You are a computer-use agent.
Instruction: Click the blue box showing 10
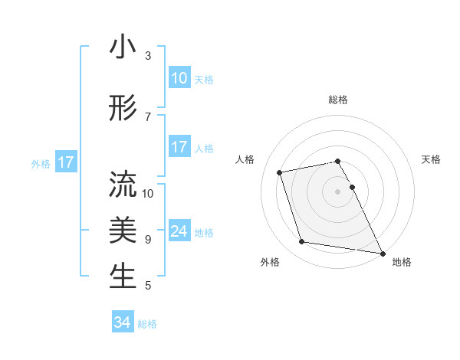(179, 78)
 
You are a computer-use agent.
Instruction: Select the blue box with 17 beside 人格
(179, 147)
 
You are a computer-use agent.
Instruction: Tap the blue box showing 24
(179, 231)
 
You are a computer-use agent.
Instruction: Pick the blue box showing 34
(123, 322)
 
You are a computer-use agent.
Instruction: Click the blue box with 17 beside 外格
(65, 162)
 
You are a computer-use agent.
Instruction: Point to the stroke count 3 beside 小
(148, 56)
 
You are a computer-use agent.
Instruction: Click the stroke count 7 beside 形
(148, 117)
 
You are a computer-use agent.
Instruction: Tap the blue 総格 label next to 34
(147, 324)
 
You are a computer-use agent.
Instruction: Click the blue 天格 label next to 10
(204, 80)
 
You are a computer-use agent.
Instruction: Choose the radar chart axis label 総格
(338, 100)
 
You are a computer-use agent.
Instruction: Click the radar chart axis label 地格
(402, 262)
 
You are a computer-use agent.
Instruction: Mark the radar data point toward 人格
(280, 172)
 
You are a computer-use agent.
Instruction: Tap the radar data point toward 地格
(382, 252)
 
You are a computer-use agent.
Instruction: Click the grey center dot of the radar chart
(338, 191)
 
